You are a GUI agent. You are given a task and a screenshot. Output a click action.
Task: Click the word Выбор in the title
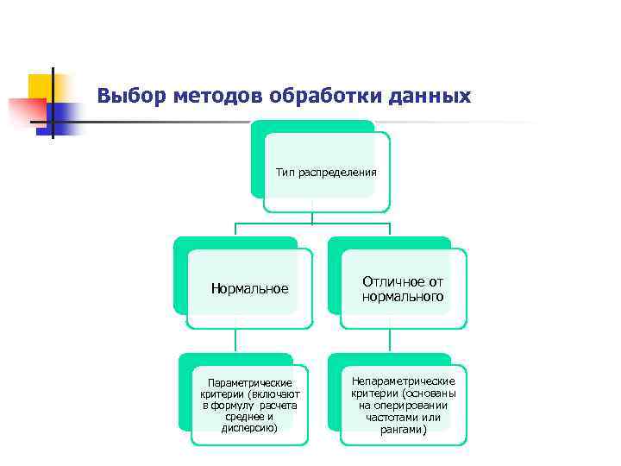(126, 95)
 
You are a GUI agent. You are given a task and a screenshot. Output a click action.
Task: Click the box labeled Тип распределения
(326, 173)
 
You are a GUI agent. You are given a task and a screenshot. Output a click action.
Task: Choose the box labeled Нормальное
(249, 288)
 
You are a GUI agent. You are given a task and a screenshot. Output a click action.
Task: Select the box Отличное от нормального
(403, 289)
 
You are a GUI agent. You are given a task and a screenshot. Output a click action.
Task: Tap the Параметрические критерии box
(249, 405)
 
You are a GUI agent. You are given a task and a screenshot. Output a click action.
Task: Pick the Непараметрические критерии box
(403, 405)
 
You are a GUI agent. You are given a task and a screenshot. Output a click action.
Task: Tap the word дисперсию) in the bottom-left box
(249, 428)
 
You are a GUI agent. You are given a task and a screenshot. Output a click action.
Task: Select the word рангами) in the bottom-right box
(403, 429)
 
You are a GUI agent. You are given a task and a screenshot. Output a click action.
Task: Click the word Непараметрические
(403, 381)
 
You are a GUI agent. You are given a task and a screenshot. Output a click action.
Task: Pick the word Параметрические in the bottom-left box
(249, 382)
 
